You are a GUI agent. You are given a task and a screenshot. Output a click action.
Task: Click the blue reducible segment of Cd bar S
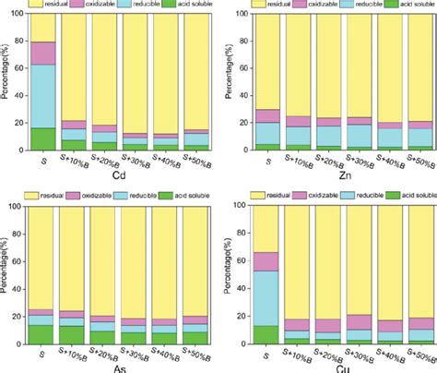coord(44,96)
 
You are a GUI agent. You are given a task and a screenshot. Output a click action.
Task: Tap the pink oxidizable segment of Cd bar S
coord(44,53)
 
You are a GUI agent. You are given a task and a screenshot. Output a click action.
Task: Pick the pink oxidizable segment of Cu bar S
coord(266,261)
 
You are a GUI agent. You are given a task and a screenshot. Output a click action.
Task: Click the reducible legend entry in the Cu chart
coord(359,198)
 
